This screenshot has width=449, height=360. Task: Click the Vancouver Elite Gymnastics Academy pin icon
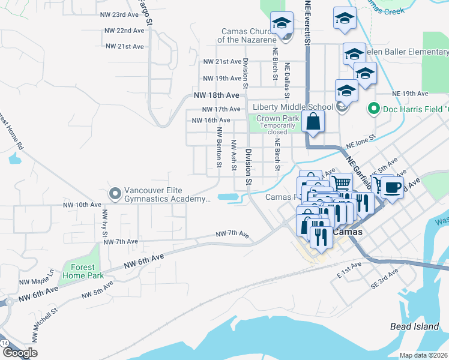115,194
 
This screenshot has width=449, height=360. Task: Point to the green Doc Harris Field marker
372,109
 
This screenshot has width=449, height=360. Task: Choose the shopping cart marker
341,182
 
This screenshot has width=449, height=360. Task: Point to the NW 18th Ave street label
216,95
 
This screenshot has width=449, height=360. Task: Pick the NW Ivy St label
105,223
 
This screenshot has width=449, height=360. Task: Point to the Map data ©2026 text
424,355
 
